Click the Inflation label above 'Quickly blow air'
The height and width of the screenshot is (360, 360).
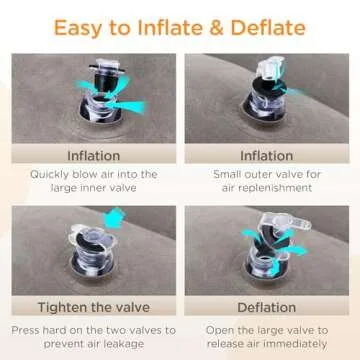pyautogui.click(x=93, y=156)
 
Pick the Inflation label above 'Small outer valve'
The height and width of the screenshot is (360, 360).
pyautogui.click(x=267, y=156)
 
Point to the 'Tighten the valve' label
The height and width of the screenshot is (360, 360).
pyautogui.click(x=93, y=306)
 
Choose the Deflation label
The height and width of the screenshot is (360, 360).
pyautogui.click(x=267, y=306)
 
